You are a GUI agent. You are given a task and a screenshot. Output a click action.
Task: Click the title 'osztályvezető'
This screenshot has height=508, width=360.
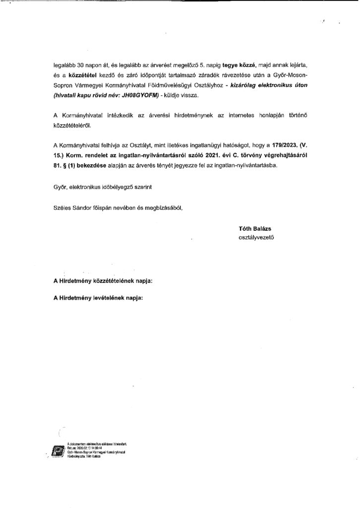pyautogui.click(x=256, y=238)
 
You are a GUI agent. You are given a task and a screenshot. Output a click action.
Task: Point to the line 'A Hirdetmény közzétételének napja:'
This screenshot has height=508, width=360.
pyautogui.click(x=103, y=281)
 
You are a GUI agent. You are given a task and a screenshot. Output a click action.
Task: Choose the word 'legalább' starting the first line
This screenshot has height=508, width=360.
pyautogui.click(x=65, y=65)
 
